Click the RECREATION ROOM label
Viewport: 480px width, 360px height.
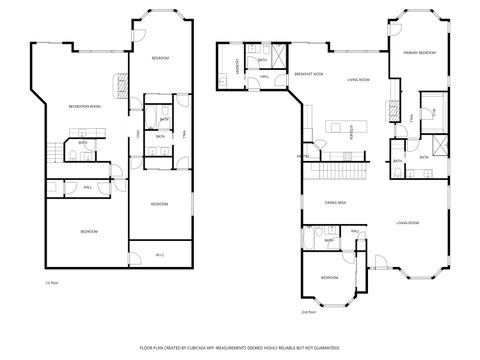point(87,106)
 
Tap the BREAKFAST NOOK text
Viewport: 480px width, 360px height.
point(307,74)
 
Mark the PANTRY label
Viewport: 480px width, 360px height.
point(301,156)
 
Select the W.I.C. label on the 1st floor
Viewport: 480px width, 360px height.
point(159,255)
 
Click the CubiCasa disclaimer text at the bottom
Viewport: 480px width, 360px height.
point(240,346)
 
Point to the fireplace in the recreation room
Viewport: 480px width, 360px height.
point(121,86)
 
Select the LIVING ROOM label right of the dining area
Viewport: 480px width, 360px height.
point(407,223)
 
